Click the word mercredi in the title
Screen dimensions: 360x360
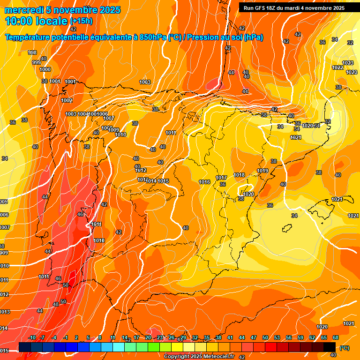pyautogui.click(x=25, y=10)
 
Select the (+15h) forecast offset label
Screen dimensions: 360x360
pyautogui.click(x=81, y=21)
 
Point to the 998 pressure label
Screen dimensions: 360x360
pyautogui.click(x=32, y=52)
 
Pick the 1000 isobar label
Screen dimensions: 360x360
pyautogui.click(x=45, y=69)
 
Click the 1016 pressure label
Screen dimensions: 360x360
pyautogui.click(x=204, y=182)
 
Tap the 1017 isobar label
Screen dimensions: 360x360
pyautogui.click(x=221, y=178)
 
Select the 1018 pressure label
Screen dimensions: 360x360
pyautogui.click(x=239, y=175)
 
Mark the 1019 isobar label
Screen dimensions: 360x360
pyautogui.click(x=262, y=171)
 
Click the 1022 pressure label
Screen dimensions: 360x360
pyautogui.click(x=337, y=67)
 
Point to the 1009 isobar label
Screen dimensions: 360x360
pyautogui.click(x=113, y=130)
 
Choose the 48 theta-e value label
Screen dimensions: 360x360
pyautogui.click(x=56, y=304)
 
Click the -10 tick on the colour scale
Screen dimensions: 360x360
pyautogui.click(x=32, y=337)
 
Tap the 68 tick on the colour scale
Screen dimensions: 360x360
pyautogui.click(x=336, y=337)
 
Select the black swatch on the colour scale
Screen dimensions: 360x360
pyautogui.click(x=330, y=347)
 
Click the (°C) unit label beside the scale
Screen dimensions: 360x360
pyautogui.click(x=344, y=347)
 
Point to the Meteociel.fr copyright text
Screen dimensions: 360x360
pyautogui.click(x=200, y=356)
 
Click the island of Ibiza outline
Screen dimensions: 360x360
pyautogui.click(x=286, y=228)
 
